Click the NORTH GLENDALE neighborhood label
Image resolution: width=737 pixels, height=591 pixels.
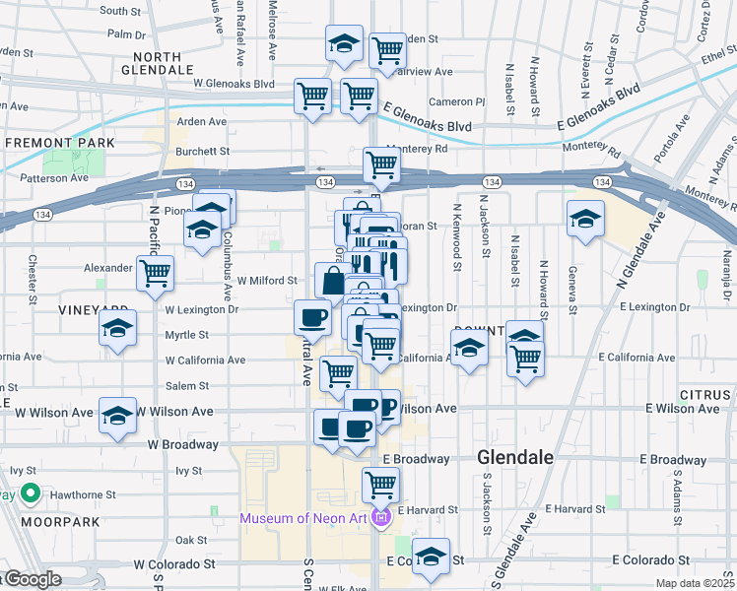[157, 64]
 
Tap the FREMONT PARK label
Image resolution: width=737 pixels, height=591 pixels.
[60, 143]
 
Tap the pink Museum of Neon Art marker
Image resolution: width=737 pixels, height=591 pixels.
[381, 518]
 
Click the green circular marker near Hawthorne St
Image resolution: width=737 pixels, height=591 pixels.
[31, 493]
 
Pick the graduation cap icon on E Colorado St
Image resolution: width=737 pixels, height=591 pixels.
[431, 558]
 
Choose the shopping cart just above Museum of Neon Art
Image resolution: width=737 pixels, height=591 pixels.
[380, 484]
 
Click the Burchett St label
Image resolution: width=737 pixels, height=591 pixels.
[202, 152]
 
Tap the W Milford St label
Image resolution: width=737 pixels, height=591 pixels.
[266, 281]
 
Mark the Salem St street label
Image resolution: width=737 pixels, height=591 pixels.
[187, 386]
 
